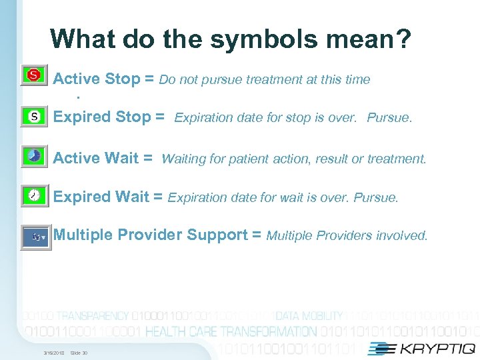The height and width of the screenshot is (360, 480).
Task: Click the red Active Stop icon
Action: pyautogui.click(x=33, y=75)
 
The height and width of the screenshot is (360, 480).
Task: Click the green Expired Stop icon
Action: pyautogui.click(x=33, y=117)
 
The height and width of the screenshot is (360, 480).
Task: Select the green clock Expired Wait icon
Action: pyautogui.click(x=34, y=195)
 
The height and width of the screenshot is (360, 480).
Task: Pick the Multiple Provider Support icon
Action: pyautogui.click(x=35, y=237)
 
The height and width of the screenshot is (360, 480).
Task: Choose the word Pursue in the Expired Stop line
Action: pyautogui.click(x=391, y=119)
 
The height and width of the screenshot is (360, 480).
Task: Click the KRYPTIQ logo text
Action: pyautogui.click(x=433, y=348)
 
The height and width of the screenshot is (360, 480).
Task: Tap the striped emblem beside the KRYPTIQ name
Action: pyautogui.click(x=380, y=348)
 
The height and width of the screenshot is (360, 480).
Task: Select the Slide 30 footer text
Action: pyautogui.click(x=79, y=353)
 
